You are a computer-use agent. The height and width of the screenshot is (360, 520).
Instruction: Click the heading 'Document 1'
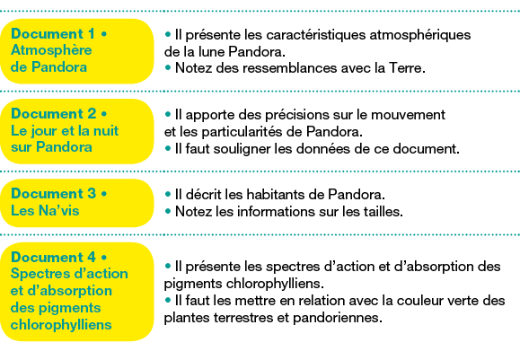pyautogui.click(x=53, y=34)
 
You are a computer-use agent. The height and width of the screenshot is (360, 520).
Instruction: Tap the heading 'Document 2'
pyautogui.click(x=54, y=114)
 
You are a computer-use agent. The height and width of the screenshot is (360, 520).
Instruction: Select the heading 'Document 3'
pyautogui.click(x=54, y=194)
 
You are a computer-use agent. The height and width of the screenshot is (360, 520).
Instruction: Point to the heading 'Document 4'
pyautogui.click(x=54, y=258)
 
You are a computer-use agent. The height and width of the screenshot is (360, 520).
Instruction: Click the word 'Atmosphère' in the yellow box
pyautogui.click(x=51, y=50)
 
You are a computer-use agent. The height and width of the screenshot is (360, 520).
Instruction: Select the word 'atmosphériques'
pyautogui.click(x=419, y=36)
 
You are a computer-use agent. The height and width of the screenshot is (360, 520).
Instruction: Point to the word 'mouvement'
pyautogui.click(x=408, y=115)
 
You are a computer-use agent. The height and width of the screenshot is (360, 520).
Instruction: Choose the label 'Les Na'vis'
pyautogui.click(x=45, y=210)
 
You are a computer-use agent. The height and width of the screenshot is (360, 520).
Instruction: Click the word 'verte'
pyautogui.click(x=464, y=302)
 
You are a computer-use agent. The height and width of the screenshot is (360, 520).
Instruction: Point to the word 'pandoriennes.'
pyautogui.click(x=338, y=318)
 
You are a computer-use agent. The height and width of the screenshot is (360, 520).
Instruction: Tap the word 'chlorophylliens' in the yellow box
pyautogui.click(x=61, y=325)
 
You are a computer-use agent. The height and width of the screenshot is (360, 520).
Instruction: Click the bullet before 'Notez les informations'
pyautogui.click(x=168, y=211)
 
